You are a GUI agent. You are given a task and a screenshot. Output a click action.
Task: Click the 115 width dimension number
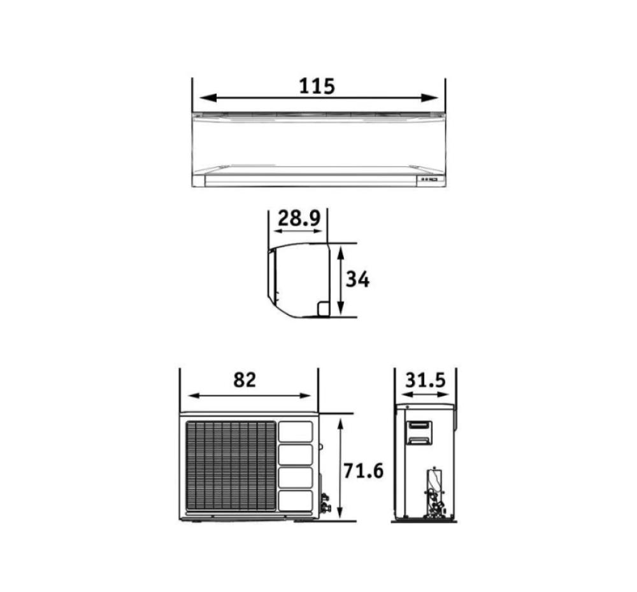click(x=317, y=86)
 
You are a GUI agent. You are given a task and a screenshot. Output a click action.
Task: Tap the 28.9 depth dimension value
click(x=299, y=218)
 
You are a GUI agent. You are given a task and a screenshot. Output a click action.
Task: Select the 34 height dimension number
click(x=357, y=280)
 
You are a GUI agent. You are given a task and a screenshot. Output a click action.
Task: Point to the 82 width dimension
click(x=245, y=380)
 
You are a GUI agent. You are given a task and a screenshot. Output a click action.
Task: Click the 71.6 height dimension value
click(x=364, y=471)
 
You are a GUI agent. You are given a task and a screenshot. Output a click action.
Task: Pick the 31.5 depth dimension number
click(x=426, y=380)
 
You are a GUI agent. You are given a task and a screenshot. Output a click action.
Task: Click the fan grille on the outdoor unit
click(x=231, y=466)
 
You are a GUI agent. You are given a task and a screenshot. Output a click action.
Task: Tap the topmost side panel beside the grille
click(x=296, y=431)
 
